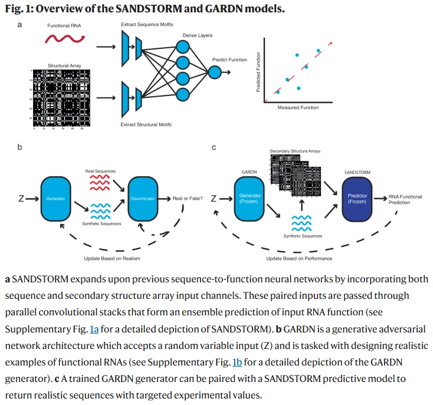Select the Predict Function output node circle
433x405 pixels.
(x=215, y=72)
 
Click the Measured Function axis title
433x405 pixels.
(x=298, y=108)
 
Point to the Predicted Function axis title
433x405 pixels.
(x=258, y=72)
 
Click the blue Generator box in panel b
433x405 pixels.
(x=56, y=199)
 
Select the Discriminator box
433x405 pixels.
(x=143, y=199)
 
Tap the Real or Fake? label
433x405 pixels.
(x=188, y=199)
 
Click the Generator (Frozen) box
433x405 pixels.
(x=248, y=199)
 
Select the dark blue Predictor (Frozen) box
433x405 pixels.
(x=357, y=199)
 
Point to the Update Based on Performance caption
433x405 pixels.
(x=298, y=258)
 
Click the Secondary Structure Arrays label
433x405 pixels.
(x=295, y=152)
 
